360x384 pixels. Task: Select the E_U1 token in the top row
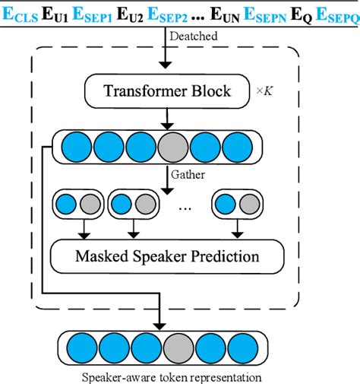62,13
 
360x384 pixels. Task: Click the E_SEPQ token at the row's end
335,13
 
